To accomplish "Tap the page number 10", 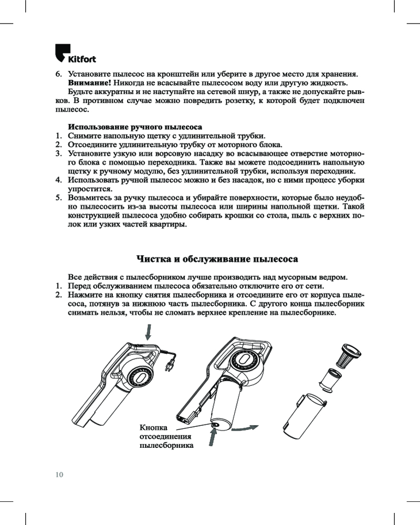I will click(59, 475).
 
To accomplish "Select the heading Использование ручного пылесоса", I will click(135, 128).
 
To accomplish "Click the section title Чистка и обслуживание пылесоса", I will click(217, 259).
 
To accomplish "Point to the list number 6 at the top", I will click(58, 74).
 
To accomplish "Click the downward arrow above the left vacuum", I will click(149, 331).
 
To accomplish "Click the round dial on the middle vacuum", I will click(246, 361).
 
